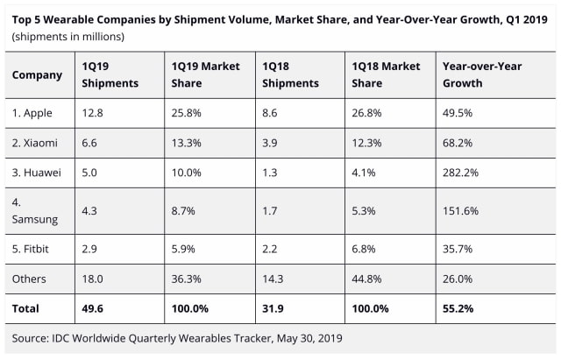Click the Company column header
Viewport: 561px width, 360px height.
(37, 74)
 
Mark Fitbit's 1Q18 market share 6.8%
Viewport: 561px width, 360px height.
(366, 248)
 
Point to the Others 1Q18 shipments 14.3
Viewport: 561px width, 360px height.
(274, 278)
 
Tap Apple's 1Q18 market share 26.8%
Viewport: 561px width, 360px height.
(369, 114)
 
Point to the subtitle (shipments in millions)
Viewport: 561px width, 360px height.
(67, 36)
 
